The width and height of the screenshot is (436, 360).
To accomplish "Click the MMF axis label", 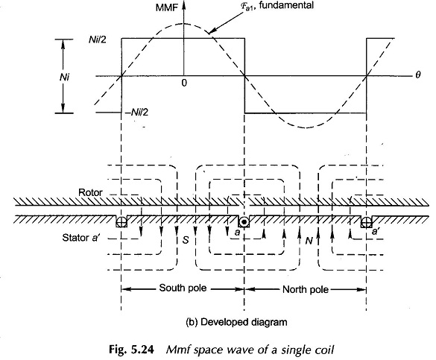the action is [x=166, y=7].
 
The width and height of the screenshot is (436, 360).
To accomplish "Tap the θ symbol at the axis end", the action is [x=418, y=75].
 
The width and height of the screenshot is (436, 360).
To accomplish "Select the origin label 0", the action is [x=184, y=83].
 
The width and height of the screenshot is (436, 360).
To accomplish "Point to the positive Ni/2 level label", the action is [x=98, y=40].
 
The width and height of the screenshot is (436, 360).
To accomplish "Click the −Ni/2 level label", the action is [x=137, y=113].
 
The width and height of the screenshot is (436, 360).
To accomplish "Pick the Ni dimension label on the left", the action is [x=64, y=77].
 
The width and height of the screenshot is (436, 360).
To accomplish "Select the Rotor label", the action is [x=90, y=192].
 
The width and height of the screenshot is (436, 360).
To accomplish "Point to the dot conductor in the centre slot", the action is [x=244, y=222].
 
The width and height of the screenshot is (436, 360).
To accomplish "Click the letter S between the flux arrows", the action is [x=186, y=240].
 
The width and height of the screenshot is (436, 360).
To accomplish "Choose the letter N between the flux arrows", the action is [x=309, y=241].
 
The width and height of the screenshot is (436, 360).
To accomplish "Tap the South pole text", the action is [x=183, y=288].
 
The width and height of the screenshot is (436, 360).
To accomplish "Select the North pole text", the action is [x=306, y=290].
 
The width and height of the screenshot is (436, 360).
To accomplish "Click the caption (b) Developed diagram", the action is [x=236, y=322].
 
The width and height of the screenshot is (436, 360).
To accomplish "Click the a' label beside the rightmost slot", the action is [x=376, y=231].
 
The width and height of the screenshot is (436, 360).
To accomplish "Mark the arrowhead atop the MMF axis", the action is [x=183, y=5].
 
